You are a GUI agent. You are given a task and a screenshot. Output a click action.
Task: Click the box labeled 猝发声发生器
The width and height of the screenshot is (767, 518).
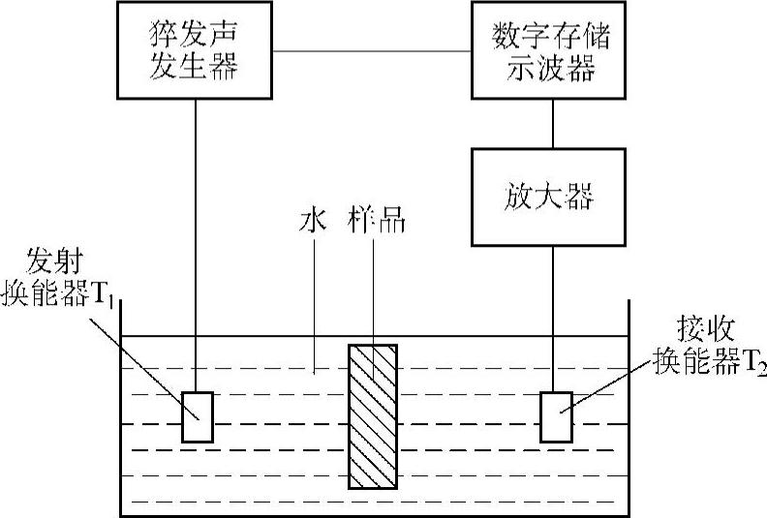pyautogui.click(x=196, y=50)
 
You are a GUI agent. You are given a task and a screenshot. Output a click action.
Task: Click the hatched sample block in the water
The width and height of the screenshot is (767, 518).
pyautogui.click(x=373, y=415)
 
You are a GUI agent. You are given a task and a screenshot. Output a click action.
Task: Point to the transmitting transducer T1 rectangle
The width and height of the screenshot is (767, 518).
pyautogui.click(x=197, y=416)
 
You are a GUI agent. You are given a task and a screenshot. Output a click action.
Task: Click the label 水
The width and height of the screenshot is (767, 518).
pyautogui.click(x=312, y=221)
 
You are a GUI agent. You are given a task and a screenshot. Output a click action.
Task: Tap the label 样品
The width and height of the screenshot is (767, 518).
pyautogui.click(x=374, y=221)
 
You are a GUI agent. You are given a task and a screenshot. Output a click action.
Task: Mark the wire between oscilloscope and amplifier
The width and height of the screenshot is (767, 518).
pyautogui.click(x=552, y=122)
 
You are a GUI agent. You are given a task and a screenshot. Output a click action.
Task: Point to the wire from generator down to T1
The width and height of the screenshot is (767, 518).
pyautogui.click(x=196, y=242)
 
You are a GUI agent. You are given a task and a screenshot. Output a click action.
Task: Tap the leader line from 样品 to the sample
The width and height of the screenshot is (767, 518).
pyautogui.click(x=374, y=290)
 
